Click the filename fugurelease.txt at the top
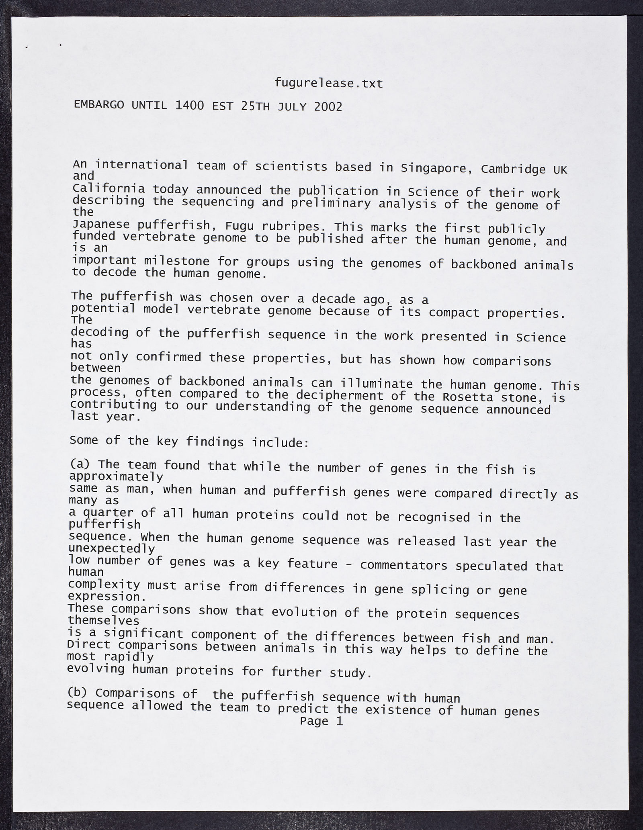click(x=328, y=83)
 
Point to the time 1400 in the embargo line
click(x=190, y=106)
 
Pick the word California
click(x=109, y=188)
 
